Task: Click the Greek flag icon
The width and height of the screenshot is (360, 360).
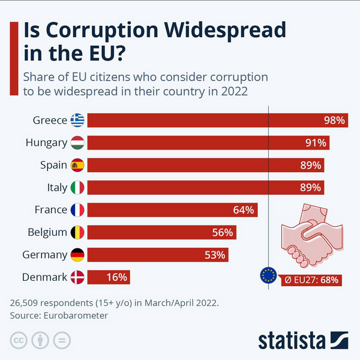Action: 77,120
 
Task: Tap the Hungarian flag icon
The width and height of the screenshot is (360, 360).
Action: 77,143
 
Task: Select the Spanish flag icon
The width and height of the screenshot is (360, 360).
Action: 77,165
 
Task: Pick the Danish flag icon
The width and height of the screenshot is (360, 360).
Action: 77,277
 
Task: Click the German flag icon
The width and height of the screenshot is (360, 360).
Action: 77,255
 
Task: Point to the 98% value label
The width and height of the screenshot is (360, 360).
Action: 334,120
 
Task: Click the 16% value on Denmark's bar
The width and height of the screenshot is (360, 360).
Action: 116,277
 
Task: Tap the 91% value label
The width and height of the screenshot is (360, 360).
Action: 315,143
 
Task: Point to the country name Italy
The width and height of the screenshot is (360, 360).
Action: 57,187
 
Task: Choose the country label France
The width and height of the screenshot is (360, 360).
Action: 50,210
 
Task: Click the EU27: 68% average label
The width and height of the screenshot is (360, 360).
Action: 311,280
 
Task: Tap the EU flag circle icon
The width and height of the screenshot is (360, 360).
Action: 268,275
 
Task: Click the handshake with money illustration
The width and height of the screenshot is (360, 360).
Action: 311,234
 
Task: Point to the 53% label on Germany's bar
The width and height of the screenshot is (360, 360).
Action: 214,255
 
